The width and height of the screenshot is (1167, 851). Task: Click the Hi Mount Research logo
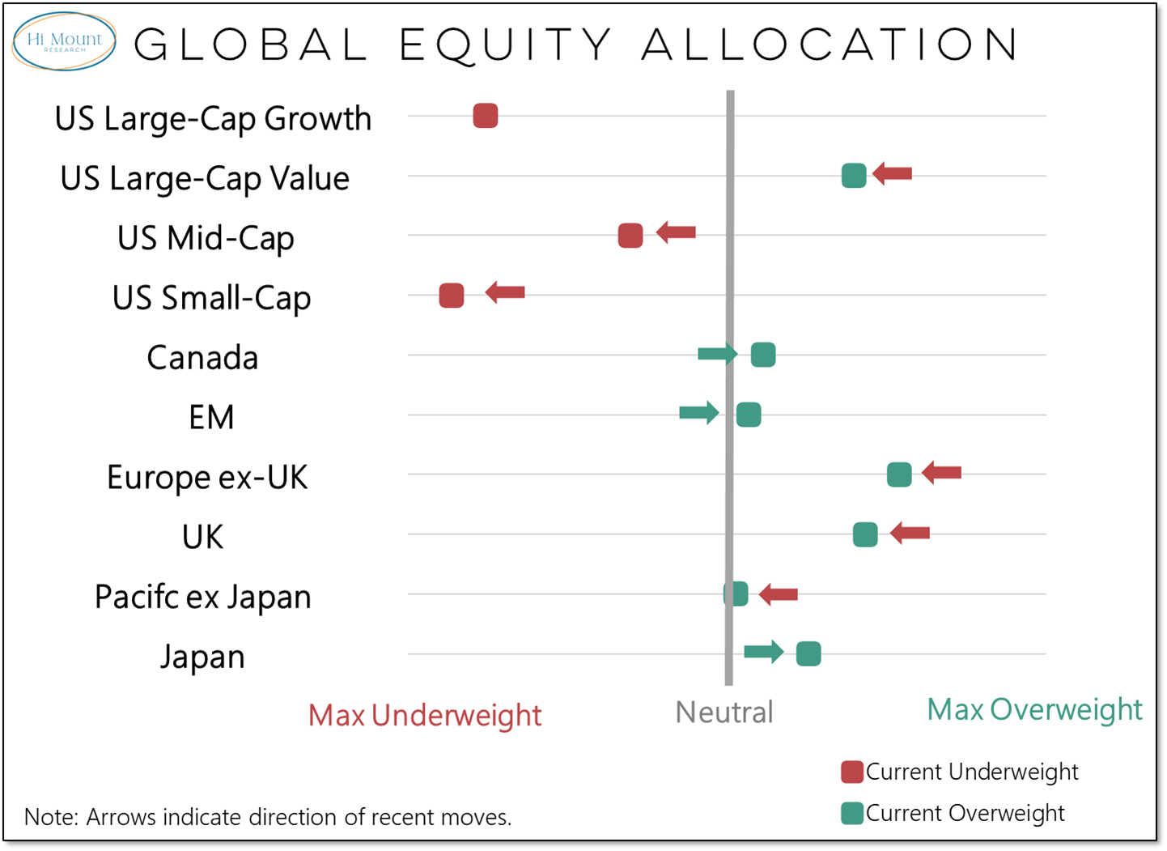click(64, 41)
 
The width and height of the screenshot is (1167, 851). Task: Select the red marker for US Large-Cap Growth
click(485, 116)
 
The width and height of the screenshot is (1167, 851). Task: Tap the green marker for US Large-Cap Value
click(854, 175)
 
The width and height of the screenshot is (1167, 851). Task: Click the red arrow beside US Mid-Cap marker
click(676, 233)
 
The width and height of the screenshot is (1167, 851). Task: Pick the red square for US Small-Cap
click(452, 296)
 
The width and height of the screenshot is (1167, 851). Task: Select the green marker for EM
click(749, 415)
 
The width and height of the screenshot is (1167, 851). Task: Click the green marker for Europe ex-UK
click(899, 474)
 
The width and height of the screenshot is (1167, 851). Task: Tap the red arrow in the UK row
click(910, 533)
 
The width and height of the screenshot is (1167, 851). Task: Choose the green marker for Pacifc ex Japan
click(736, 594)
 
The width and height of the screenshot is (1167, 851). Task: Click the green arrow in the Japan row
click(764, 651)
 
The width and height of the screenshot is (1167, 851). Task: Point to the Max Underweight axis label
click(425, 715)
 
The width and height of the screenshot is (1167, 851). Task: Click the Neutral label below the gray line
click(724, 713)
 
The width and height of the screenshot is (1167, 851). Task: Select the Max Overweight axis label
click(1034, 709)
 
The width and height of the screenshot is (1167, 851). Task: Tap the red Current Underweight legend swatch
click(851, 772)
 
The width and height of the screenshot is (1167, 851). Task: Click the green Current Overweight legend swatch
click(851, 813)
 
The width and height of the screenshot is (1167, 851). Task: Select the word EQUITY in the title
click(506, 45)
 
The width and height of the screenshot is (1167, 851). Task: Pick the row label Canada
click(202, 357)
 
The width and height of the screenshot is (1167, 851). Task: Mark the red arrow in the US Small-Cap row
click(505, 292)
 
